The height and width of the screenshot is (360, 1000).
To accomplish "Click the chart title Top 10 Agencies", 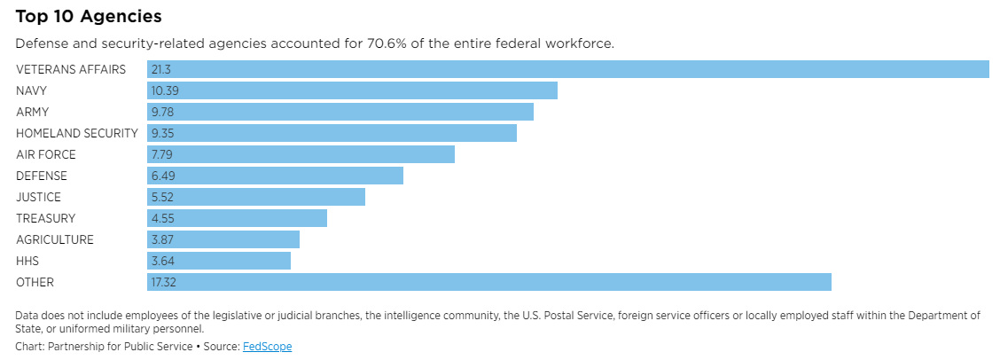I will [89, 17].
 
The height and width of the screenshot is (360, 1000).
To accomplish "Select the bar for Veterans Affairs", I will [567, 69].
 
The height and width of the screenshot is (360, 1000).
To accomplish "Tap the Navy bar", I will [352, 90].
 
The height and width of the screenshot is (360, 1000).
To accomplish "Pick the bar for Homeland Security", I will [332, 133].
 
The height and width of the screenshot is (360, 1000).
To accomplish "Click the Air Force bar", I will [301, 154].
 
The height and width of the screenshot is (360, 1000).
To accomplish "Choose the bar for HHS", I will [219, 261].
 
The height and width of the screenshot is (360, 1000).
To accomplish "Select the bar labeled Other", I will [489, 282].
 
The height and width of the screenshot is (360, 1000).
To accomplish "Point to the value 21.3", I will [160, 69].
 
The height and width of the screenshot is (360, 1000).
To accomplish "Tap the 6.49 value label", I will [163, 176].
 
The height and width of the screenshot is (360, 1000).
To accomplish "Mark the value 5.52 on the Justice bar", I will [163, 197].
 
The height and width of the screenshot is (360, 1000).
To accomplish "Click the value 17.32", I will [165, 282].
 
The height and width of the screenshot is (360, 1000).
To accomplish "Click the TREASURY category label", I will [45, 218].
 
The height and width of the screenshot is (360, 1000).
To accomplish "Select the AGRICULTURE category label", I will [54, 239].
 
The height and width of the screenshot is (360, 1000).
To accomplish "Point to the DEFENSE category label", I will [41, 176].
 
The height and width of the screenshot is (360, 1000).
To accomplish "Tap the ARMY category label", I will [32, 112].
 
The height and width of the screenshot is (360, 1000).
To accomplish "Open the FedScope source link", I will [267, 347].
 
